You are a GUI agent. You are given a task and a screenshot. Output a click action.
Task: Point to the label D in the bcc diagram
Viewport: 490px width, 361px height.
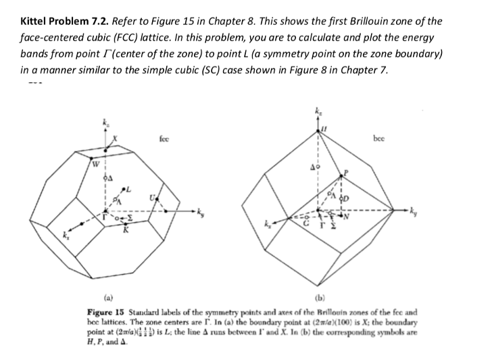click(344, 198)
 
